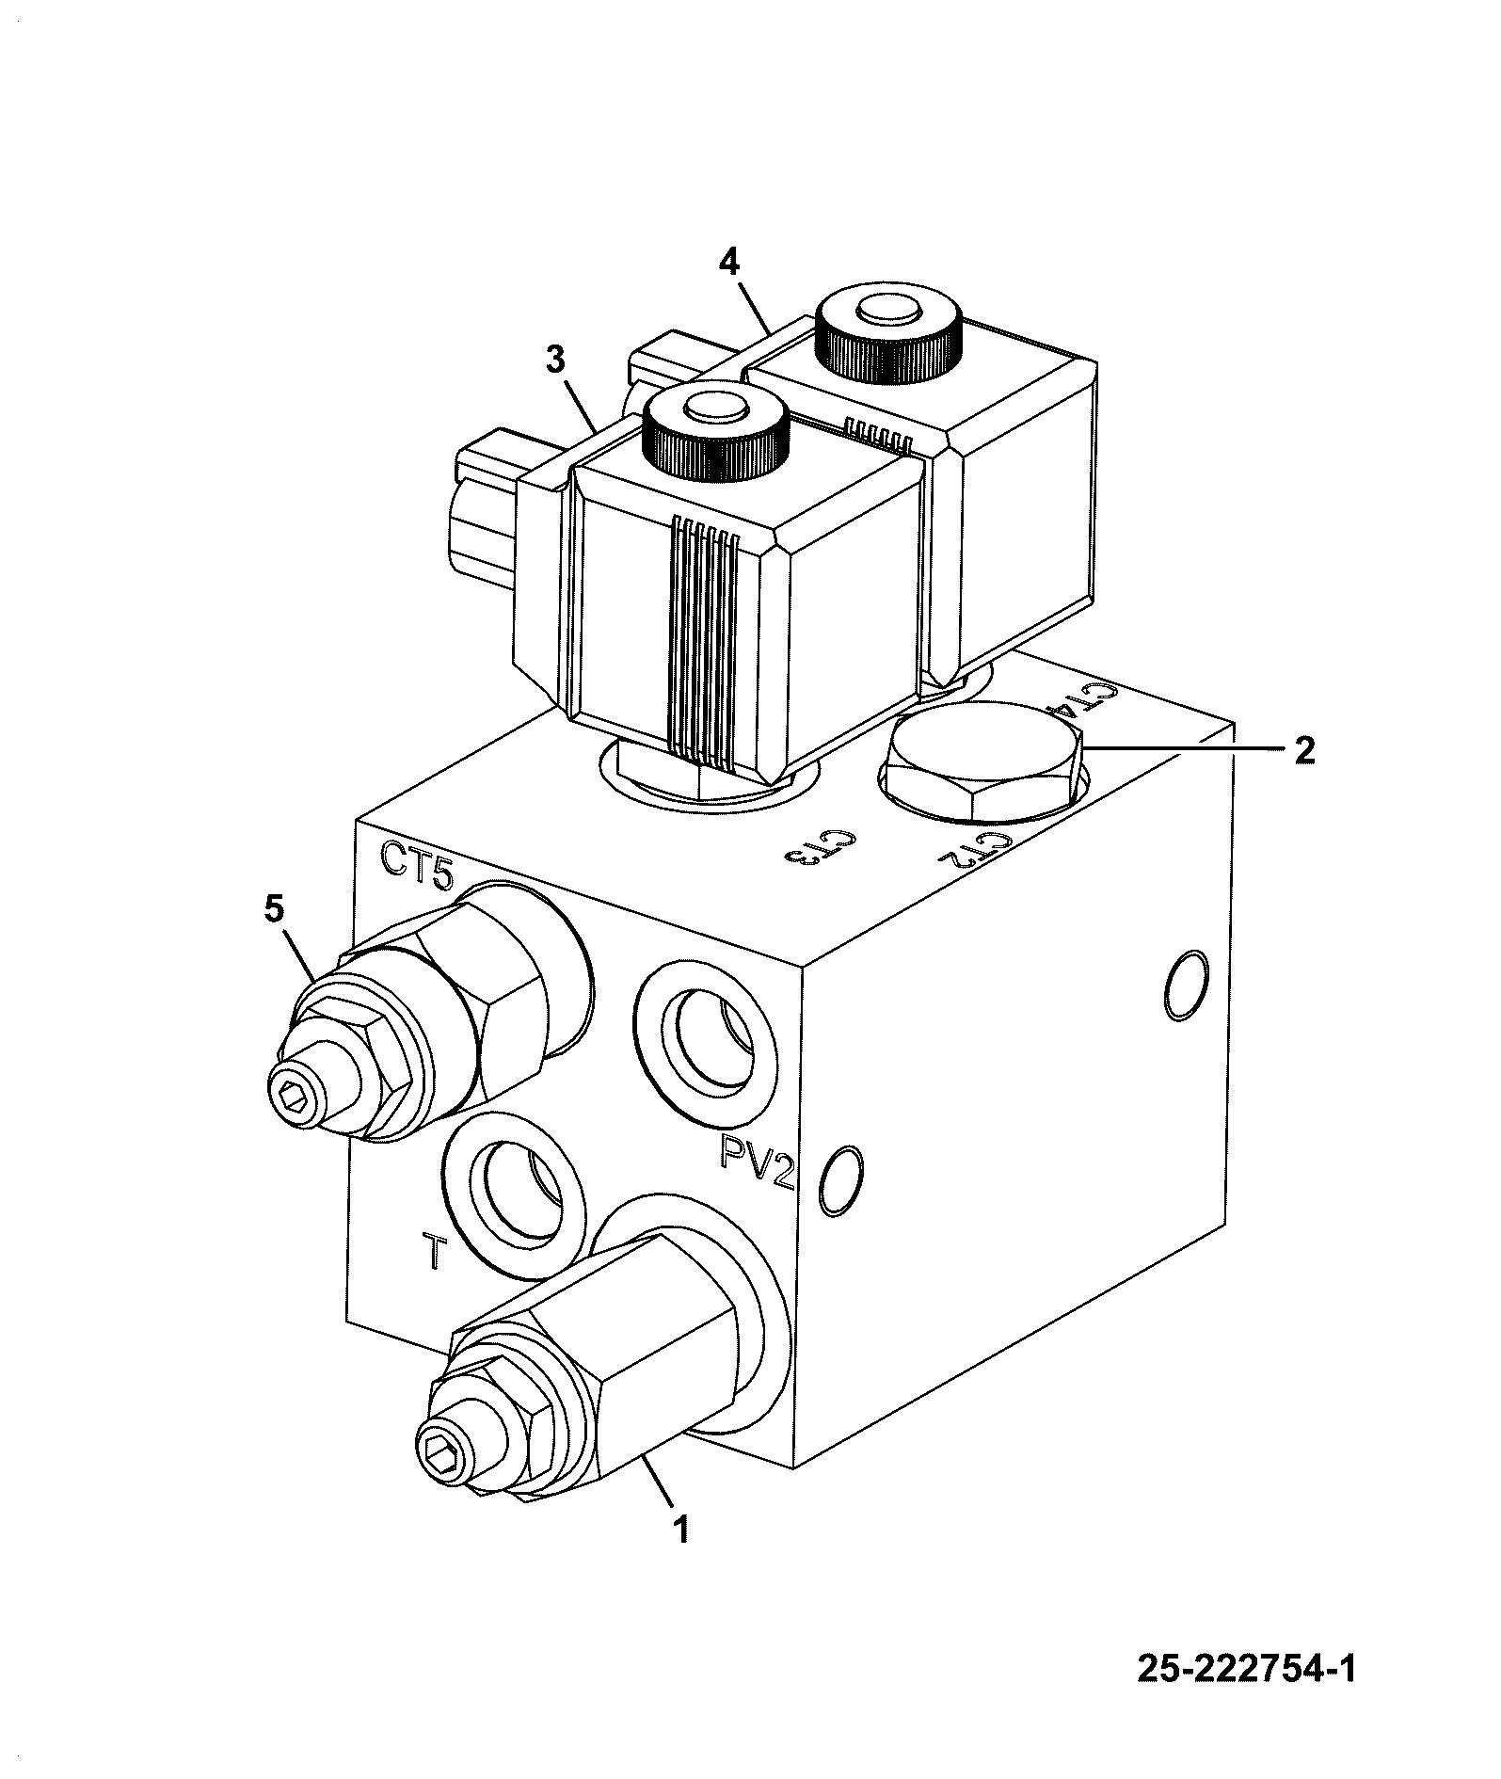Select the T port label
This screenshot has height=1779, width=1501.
point(432,1251)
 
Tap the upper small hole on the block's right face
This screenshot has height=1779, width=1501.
point(1186,985)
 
